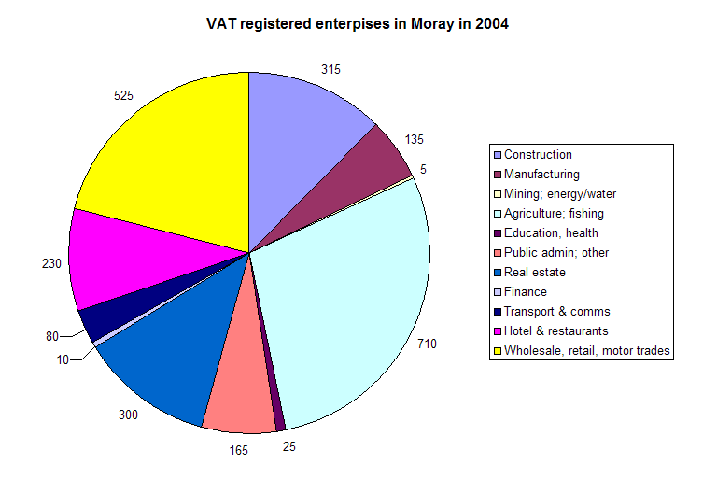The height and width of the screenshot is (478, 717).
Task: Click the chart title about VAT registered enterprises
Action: point(358,25)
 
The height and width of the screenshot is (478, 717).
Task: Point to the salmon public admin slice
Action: point(238,397)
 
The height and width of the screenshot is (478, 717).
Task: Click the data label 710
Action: point(427,344)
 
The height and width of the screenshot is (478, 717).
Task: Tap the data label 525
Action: point(123,95)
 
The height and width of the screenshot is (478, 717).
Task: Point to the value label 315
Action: point(330,69)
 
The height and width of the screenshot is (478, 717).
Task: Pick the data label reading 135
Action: point(414,139)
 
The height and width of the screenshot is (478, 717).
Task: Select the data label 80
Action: point(52,336)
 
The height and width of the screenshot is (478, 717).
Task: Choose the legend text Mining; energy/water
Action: point(560,194)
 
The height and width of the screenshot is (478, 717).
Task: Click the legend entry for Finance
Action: point(527,292)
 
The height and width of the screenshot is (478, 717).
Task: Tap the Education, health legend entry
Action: point(551,233)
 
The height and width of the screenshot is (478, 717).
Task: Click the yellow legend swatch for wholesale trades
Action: point(498,351)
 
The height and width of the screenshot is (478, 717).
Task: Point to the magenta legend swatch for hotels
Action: point(498,331)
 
